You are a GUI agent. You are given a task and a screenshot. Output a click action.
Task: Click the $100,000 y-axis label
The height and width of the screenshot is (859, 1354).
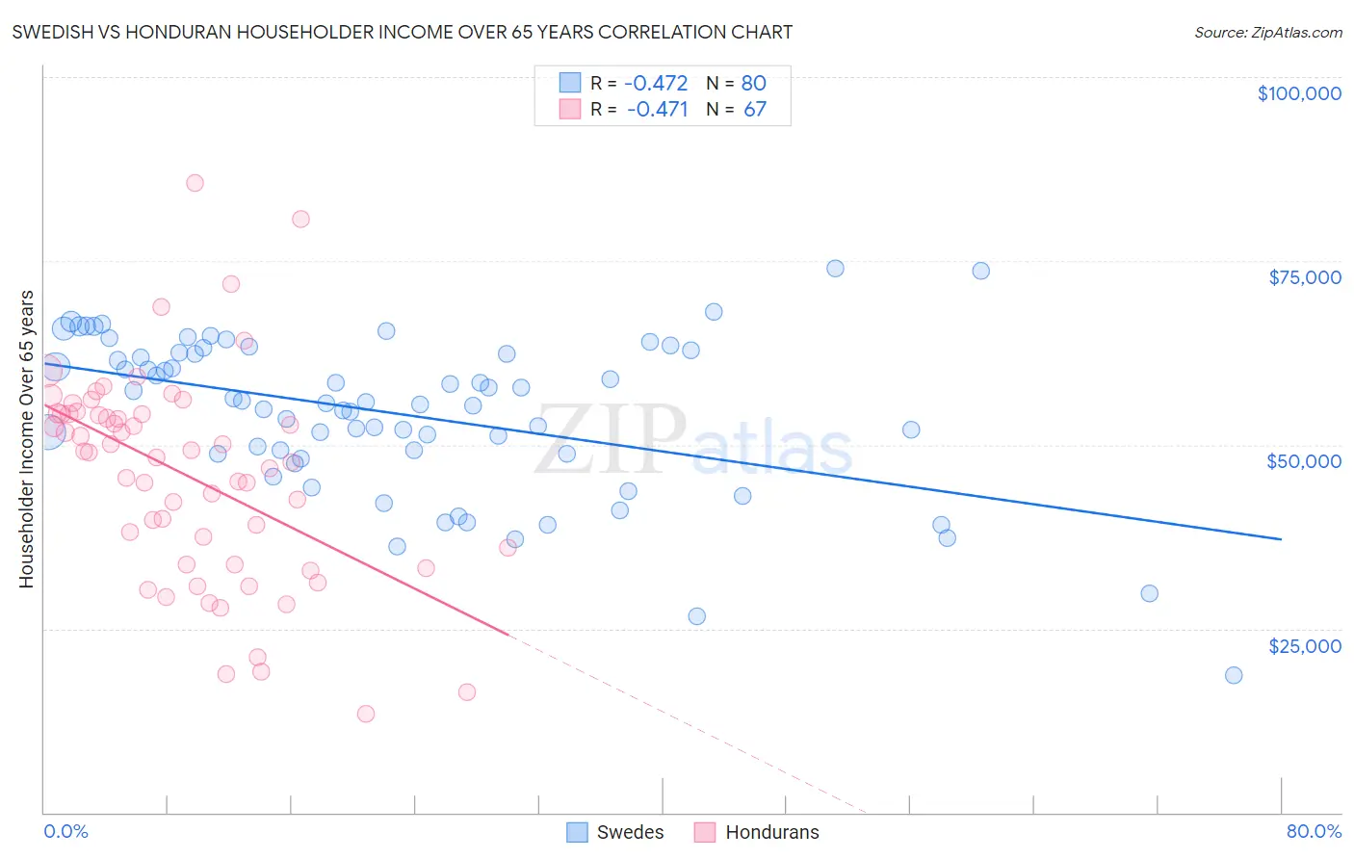tap(1299, 93)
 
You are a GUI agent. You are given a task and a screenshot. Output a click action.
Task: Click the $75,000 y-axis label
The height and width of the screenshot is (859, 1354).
tap(1304, 277)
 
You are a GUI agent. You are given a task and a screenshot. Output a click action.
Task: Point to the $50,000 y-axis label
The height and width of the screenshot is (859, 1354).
tap(1303, 461)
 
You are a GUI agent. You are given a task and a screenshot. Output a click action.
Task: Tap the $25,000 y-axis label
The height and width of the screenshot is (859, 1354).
tap(1304, 646)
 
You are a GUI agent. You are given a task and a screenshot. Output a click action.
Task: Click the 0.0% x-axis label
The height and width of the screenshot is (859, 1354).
tap(65, 831)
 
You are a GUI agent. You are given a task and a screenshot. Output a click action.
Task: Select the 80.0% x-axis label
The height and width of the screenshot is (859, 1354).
tap(1314, 831)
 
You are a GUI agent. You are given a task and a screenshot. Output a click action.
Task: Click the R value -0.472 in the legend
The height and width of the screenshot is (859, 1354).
tap(656, 84)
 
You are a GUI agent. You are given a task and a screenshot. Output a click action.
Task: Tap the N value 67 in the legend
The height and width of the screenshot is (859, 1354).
tap(755, 110)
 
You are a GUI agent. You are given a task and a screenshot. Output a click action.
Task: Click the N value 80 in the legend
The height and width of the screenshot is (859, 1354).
tap(753, 84)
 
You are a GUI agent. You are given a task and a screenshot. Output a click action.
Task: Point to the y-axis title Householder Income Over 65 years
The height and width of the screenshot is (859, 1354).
tap(27, 438)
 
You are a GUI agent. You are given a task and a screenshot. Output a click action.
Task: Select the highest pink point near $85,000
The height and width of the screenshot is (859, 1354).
tap(195, 183)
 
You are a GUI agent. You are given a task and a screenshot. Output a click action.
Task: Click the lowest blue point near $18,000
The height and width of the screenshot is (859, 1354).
tap(1234, 675)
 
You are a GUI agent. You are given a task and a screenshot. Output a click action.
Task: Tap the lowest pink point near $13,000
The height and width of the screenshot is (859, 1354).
tap(366, 714)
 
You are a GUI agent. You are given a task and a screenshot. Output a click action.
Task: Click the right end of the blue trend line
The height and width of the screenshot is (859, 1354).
tap(1281, 539)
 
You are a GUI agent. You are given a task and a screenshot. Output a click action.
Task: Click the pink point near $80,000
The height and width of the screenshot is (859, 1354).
tap(300, 219)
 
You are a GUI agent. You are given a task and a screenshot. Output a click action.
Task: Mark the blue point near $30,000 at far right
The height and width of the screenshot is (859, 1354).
tap(1149, 593)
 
